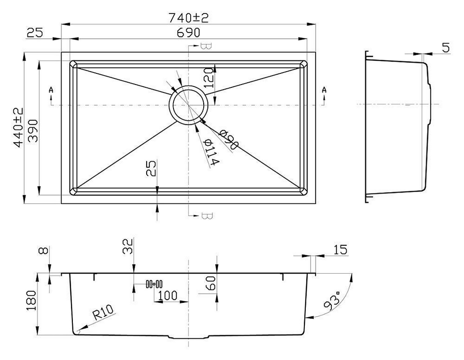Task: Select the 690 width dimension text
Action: (188, 33)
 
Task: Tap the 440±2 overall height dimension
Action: (18, 127)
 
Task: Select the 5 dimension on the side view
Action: (445, 48)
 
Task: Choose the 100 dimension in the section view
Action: (167, 296)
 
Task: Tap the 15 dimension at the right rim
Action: (340, 250)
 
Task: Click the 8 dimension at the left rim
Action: (42, 251)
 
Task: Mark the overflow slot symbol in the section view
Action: (154, 284)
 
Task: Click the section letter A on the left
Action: (51, 90)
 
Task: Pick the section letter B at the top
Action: (206, 46)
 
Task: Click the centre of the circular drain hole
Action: (188, 105)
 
